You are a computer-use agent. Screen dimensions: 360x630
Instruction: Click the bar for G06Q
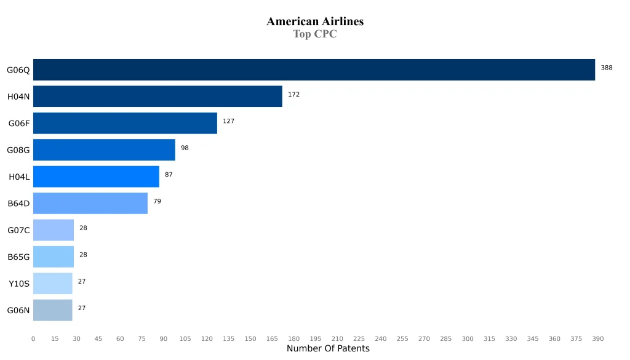point(314,70)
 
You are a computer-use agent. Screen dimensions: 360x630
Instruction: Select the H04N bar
point(157,97)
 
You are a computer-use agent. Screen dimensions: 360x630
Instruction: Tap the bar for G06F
point(125,123)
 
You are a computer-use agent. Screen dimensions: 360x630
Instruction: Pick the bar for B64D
point(90,203)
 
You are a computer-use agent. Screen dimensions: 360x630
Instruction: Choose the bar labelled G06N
point(53,310)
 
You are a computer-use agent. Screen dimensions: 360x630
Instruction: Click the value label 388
point(607,68)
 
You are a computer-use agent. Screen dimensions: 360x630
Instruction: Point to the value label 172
point(293,95)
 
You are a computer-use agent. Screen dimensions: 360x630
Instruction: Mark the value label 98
point(185,148)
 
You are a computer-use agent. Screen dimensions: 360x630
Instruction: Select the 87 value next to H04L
point(169,175)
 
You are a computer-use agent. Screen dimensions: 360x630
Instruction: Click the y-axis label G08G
point(18,150)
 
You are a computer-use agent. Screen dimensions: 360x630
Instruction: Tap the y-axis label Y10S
point(18,284)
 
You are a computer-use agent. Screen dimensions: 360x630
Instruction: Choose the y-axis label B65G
point(18,257)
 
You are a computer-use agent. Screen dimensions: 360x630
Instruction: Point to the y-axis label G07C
point(18,230)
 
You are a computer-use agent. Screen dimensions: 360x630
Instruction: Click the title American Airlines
point(315,22)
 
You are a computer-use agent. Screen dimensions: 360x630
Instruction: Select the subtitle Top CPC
point(315,34)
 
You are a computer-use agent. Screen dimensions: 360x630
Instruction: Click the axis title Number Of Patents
point(328,349)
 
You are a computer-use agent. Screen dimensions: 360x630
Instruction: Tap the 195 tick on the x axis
point(316,339)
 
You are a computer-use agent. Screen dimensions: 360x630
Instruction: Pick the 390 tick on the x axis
point(598,339)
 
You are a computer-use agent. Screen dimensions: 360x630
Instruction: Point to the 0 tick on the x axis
point(33,339)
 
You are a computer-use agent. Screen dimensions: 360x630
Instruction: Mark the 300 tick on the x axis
point(468,339)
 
